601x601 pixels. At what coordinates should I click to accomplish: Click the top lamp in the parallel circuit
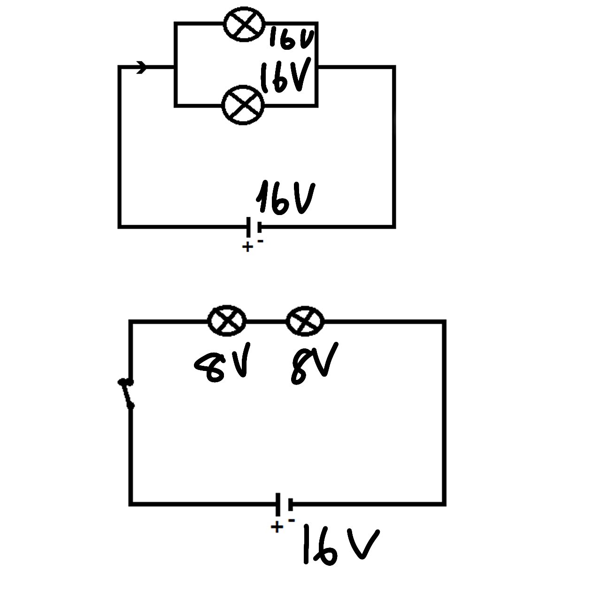[x=244, y=24]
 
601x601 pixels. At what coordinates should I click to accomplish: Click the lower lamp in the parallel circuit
[x=243, y=105]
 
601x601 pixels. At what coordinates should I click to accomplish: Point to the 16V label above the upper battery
[x=285, y=198]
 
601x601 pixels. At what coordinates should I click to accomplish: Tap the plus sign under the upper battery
[x=247, y=247]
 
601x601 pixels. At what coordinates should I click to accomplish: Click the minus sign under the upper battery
[x=261, y=241]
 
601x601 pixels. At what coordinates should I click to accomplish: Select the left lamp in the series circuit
[x=227, y=321]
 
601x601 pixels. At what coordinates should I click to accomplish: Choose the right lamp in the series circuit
[x=305, y=321]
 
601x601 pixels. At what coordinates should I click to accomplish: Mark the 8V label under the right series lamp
[x=314, y=364]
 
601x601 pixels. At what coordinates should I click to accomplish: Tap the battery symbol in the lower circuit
[x=284, y=504]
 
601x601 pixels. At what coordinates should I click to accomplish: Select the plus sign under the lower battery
[x=277, y=527]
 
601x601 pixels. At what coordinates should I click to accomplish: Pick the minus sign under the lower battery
[x=292, y=520]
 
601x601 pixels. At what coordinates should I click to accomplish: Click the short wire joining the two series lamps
[x=266, y=322]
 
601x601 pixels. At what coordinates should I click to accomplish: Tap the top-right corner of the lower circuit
[x=443, y=322]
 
